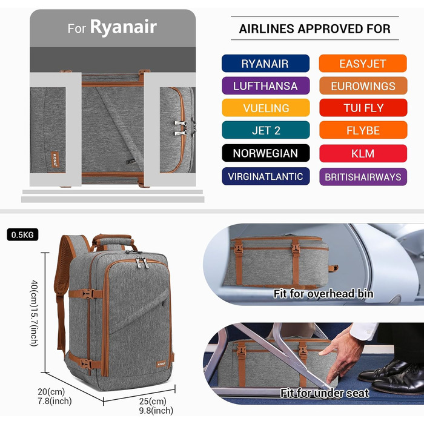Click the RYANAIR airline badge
point(265,64)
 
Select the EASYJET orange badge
point(363,64)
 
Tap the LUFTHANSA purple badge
point(265,86)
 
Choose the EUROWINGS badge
point(363,86)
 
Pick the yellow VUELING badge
point(265,108)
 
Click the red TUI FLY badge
point(363,108)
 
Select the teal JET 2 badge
point(265,130)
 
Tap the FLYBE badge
point(363,130)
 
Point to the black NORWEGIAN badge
point(265,153)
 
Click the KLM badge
point(363,153)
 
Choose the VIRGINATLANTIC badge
point(265,176)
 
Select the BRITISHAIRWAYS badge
point(363,177)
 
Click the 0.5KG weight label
point(22,234)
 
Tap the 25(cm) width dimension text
point(153,401)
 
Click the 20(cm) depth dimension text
point(51,391)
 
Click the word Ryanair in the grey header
point(124,27)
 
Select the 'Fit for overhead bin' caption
point(323,294)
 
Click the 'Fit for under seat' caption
point(325,393)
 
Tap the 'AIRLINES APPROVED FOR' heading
point(315,28)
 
